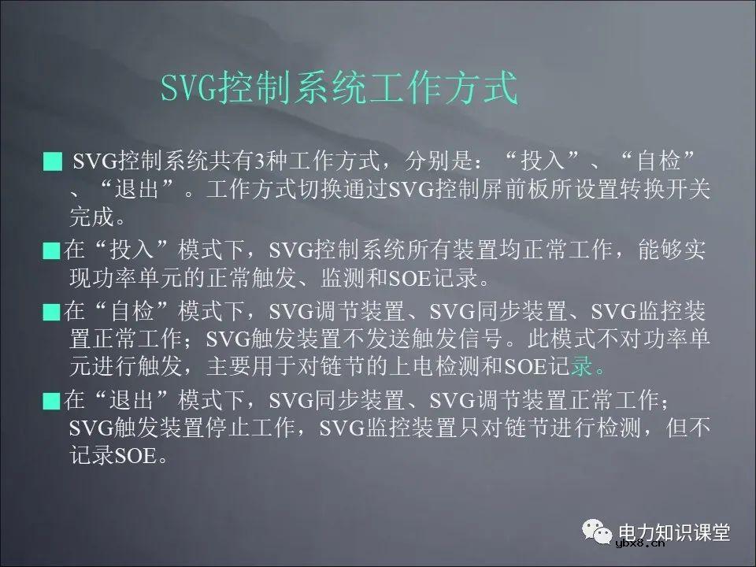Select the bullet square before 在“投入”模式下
click(x=52, y=252)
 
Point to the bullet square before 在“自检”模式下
click(x=52, y=313)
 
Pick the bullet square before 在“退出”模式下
click(x=52, y=401)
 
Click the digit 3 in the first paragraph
click(x=256, y=162)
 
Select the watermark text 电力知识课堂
click(x=675, y=529)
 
